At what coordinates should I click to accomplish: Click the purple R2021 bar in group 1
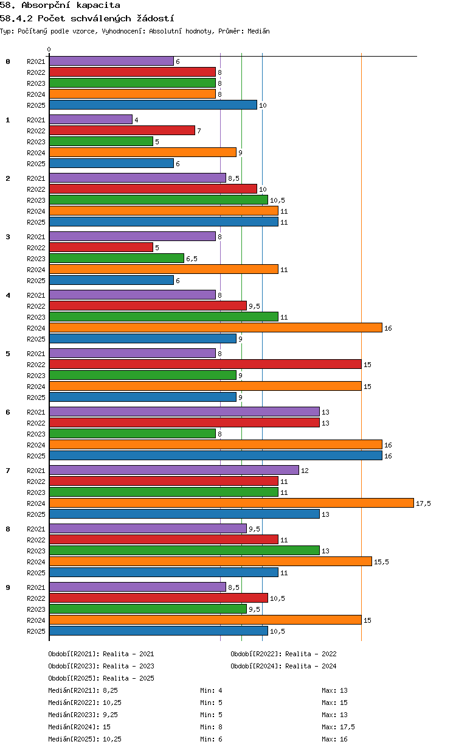[91, 119]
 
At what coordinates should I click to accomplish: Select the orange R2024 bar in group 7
[232, 503]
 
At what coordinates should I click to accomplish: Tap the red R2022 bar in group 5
[206, 364]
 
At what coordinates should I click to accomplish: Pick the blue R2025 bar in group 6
[216, 455]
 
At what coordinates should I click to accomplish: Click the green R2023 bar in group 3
[117, 258]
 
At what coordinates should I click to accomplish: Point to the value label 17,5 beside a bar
[423, 503]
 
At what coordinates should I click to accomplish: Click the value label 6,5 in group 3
[192, 259]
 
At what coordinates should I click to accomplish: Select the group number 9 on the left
[8, 587]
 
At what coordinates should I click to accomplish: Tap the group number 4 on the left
[8, 295]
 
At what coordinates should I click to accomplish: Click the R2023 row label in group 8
[36, 551]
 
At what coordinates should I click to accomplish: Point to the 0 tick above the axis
[49, 49]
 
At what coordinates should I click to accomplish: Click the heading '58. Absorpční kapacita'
[60, 5]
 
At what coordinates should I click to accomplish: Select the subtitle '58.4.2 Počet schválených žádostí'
[87, 18]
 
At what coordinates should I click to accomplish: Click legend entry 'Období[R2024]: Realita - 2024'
[283, 666]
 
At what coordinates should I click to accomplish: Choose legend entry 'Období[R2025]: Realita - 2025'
[102, 678]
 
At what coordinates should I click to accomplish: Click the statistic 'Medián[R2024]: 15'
[79, 727]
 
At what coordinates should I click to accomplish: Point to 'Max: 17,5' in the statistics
[338, 727]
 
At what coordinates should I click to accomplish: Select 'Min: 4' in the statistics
[211, 690]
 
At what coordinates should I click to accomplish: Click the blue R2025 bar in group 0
[153, 105]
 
